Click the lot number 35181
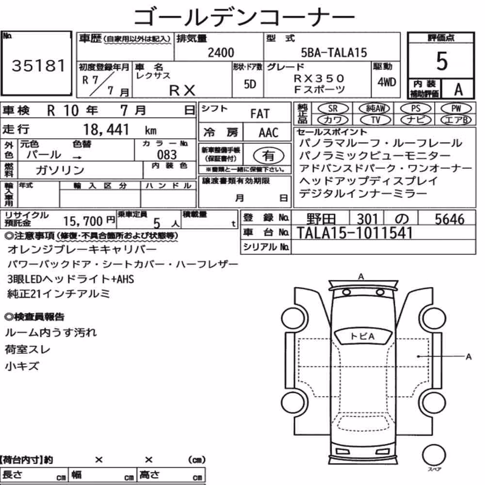pos(39,65)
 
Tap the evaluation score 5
pos(441,61)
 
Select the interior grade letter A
pos(458,89)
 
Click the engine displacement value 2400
pos(221,52)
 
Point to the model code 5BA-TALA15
pos(334,52)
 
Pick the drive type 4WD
pos(387,82)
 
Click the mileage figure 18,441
pos(106,129)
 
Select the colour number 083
pos(167,155)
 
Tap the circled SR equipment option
pos(333,109)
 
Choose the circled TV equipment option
pos(375,120)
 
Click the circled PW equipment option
pos(456,109)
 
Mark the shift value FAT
pos(260,114)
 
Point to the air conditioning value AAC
pos(268,133)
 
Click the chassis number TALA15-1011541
pos(355,233)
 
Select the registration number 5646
pos(450,219)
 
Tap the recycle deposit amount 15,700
pos(83,221)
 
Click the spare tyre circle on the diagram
pos(434,455)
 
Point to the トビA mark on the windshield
pos(362,336)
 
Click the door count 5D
pos(250,84)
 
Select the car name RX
pos(182,91)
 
